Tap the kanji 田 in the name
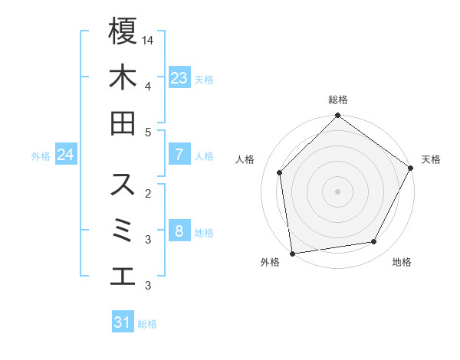click(x=123, y=123)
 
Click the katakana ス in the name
click(x=123, y=185)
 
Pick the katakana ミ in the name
click(x=123, y=231)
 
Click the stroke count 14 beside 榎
click(x=149, y=39)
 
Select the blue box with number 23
click(x=179, y=77)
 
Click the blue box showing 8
click(x=179, y=231)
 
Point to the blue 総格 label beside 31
click(x=147, y=324)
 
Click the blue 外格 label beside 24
click(x=41, y=156)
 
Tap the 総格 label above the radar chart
click(x=337, y=100)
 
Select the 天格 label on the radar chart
click(x=431, y=159)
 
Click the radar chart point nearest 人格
click(x=280, y=172)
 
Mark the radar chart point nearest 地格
click(x=374, y=241)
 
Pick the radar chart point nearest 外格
click(x=292, y=252)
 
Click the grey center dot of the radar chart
click(x=337, y=191)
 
